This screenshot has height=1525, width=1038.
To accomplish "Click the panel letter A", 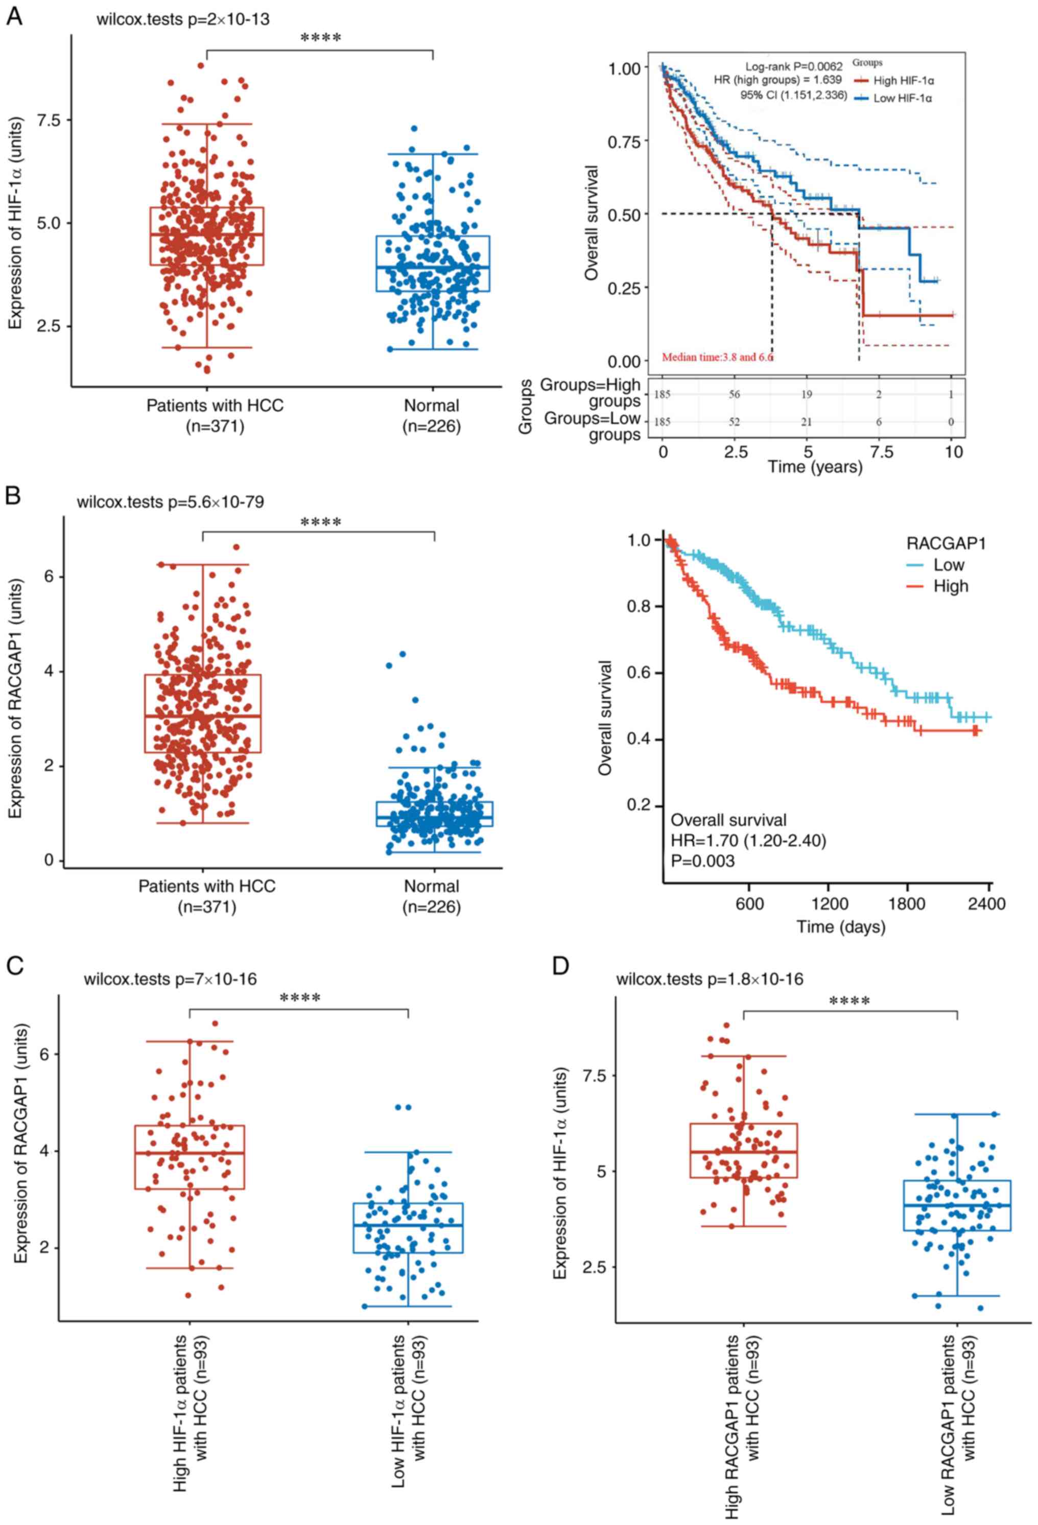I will pos(14,16).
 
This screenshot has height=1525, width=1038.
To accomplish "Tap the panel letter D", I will pos(560,965).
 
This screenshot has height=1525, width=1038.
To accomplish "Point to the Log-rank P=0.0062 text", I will pos(793,66).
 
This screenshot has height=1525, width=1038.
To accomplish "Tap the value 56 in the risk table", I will pos(734,394).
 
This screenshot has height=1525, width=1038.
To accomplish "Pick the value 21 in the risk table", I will pos(807,422).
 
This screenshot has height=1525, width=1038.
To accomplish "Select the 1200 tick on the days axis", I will pos(830,903).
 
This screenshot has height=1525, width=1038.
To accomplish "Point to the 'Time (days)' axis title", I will pos(840,926).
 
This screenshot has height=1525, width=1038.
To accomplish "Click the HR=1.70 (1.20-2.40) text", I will pos(748,840).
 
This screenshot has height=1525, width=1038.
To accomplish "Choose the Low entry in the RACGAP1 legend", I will pos(948,565).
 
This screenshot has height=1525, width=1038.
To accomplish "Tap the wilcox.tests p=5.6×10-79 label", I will pos(170,503).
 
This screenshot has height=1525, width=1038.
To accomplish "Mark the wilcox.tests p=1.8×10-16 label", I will pos(709,979).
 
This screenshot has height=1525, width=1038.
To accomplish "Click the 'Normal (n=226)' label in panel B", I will pos(431,896).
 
